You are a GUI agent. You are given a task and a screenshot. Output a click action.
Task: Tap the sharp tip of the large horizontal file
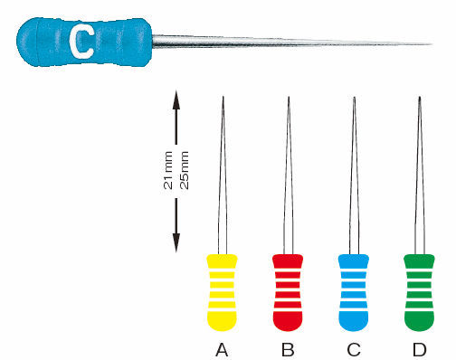click(432, 44)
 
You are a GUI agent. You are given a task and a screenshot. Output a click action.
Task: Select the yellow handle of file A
click(222, 292)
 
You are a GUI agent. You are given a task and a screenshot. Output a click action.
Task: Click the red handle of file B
click(288, 292)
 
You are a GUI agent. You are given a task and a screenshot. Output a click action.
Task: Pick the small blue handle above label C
click(354, 292)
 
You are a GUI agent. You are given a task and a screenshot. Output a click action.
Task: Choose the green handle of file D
click(419, 292)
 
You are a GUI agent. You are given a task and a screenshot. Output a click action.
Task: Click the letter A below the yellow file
click(222, 350)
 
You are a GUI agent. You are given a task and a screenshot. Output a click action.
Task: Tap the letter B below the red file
click(288, 350)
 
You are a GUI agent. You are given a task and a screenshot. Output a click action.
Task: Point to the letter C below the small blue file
click(354, 350)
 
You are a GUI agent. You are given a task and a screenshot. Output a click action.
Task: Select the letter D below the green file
click(420, 350)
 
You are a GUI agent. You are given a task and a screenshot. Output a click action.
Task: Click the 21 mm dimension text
click(168, 170)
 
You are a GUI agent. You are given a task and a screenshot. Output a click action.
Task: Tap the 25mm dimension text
click(185, 170)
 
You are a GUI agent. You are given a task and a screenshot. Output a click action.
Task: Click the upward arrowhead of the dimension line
click(176, 99)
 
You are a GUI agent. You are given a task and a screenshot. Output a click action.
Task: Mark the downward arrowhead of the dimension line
click(176, 243)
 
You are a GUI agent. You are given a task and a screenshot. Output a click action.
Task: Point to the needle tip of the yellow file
click(223, 97)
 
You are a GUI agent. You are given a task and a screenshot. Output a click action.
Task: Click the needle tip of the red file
click(289, 97)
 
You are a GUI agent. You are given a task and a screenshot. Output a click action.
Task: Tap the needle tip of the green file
click(420, 97)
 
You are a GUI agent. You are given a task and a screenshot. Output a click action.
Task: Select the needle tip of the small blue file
click(355, 97)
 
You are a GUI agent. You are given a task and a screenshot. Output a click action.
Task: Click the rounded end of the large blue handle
click(18, 42)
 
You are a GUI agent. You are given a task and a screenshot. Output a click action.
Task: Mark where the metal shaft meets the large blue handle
click(152, 42)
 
